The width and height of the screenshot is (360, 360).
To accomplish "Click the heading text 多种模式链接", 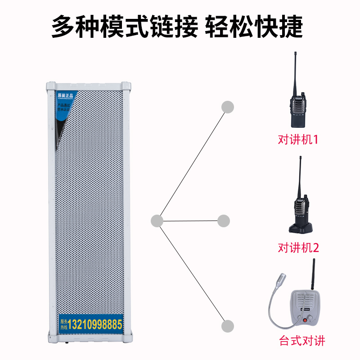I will pyautogui.click(x=124, y=28).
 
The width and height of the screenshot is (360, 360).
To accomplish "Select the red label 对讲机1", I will pyautogui.click(x=298, y=139).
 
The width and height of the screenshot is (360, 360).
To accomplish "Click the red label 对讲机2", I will pyautogui.click(x=298, y=247).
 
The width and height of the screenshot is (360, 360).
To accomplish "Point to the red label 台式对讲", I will pyautogui.click(x=302, y=341).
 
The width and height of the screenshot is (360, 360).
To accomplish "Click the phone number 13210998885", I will pyautogui.click(x=95, y=324).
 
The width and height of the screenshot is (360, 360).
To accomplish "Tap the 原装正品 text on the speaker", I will pyautogui.click(x=67, y=95).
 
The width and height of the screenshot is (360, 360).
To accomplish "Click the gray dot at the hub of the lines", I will pyautogui.click(x=157, y=220).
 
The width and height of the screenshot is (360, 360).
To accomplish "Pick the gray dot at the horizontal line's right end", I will pyautogui.click(x=224, y=220).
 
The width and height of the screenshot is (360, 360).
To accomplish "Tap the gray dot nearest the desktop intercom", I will pyautogui.click(x=229, y=326).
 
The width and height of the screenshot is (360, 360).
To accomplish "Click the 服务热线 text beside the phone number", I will pyautogui.click(x=64, y=324).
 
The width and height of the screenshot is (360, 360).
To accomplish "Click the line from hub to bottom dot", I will pyautogui.click(x=192, y=273).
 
